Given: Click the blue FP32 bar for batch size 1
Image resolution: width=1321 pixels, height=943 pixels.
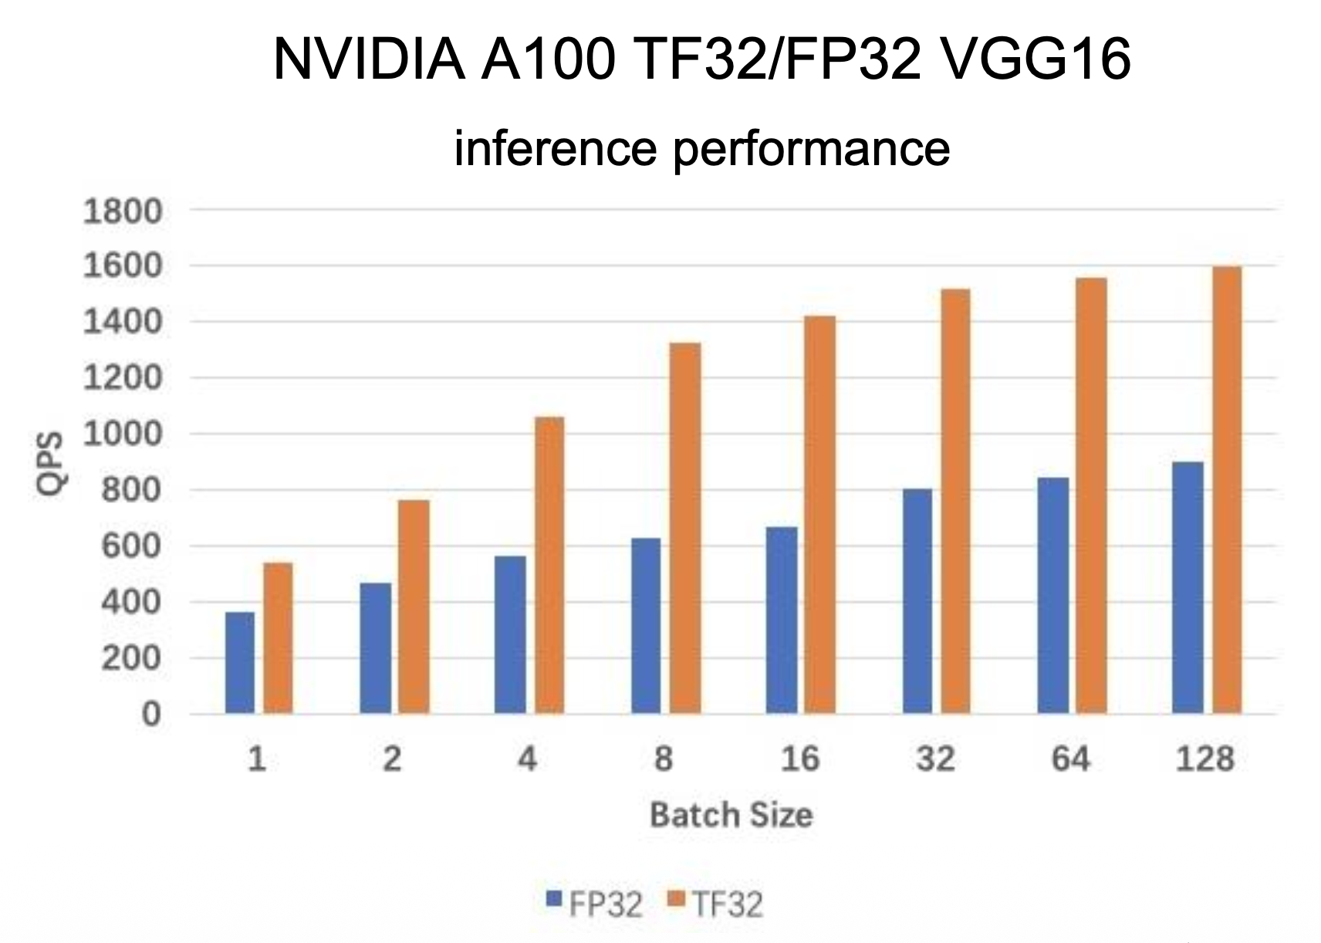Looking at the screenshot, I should [240, 662].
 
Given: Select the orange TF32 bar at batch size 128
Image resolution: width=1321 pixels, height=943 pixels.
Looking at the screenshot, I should [1227, 489].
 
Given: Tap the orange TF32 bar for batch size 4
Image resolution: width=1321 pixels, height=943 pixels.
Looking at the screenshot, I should [549, 564].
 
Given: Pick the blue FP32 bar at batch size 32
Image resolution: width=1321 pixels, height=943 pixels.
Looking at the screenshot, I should [917, 600].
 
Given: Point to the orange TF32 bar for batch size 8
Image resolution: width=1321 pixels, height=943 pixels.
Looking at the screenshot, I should [685, 528].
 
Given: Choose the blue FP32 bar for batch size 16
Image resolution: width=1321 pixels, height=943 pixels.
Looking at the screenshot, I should [782, 620].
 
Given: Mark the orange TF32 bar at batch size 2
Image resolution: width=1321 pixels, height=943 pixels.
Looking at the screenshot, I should [414, 606].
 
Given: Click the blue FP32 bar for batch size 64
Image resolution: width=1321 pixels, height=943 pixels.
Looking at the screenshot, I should [1053, 595].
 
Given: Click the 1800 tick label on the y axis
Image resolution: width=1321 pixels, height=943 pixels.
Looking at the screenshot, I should [123, 211].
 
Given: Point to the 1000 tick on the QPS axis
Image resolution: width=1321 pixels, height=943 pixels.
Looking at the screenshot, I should [123, 434].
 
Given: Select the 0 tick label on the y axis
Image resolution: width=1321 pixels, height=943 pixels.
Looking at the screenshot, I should [151, 714].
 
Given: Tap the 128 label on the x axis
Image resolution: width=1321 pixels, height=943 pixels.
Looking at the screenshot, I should [1205, 760].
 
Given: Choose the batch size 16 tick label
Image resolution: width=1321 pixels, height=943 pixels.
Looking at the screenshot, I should [800, 760].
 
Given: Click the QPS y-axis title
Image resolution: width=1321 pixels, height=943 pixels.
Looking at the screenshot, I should [53, 463].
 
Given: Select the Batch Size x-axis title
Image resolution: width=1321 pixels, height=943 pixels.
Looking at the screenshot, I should [731, 815].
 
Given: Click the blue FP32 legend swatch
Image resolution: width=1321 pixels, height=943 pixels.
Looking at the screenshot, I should [553, 899].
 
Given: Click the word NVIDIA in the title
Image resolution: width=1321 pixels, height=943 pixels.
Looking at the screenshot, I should [368, 59].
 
